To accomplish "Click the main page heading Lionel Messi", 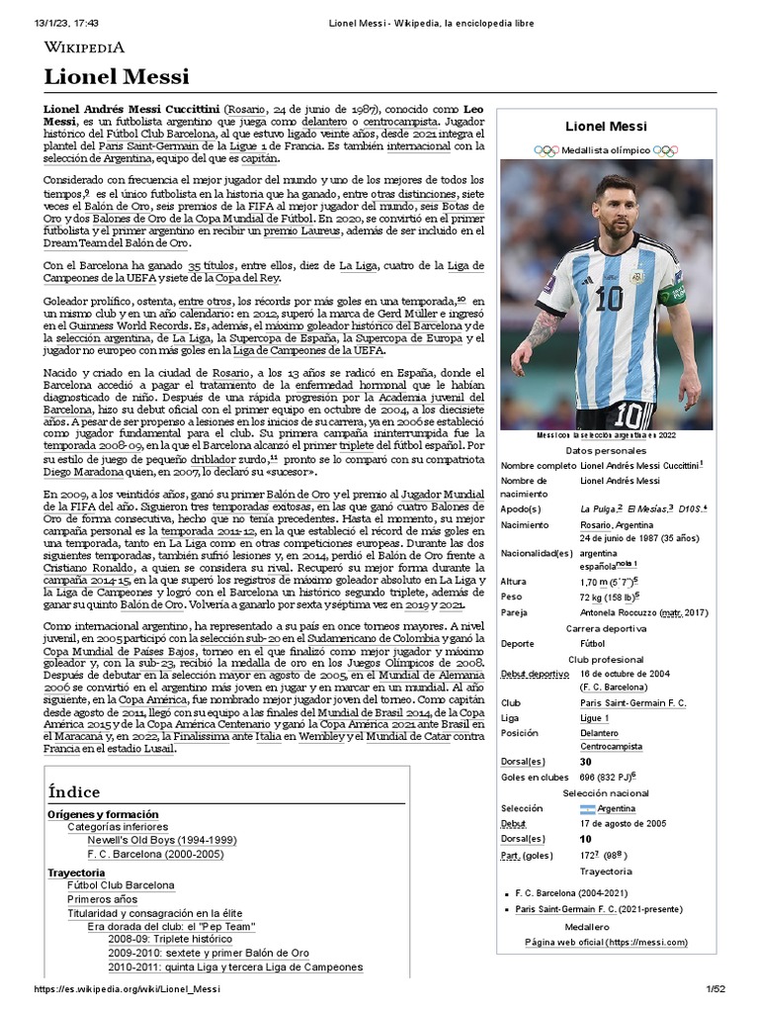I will coord(117,77).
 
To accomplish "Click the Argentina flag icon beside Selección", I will coord(589,808).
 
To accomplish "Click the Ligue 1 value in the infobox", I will coord(594,717).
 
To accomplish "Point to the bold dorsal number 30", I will coord(586,762).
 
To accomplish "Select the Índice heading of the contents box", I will coord(74,792).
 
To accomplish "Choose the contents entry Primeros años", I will coord(103,899).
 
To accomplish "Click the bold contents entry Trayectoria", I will coord(76,873).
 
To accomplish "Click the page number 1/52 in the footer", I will coord(715,990).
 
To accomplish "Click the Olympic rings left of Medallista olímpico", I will coord(546,150).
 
